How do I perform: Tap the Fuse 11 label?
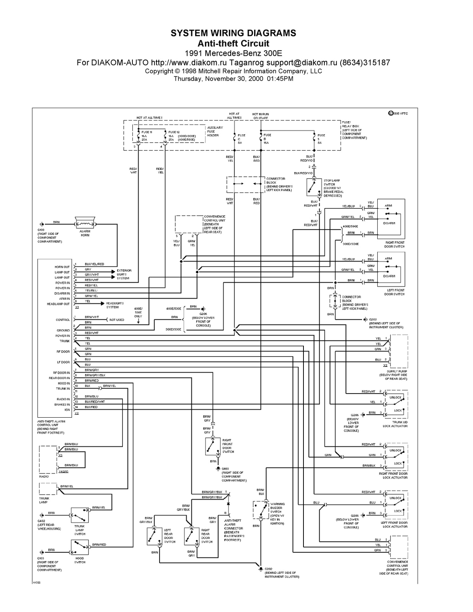point(147,132)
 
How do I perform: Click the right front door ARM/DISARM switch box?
point(391,218)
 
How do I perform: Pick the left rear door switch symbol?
point(155,536)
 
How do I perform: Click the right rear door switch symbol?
point(192,536)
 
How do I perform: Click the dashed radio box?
point(48,459)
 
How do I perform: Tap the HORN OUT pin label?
point(62,267)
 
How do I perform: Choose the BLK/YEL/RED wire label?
point(94,264)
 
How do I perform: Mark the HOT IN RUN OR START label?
point(260,116)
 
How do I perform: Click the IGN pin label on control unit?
point(67,410)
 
